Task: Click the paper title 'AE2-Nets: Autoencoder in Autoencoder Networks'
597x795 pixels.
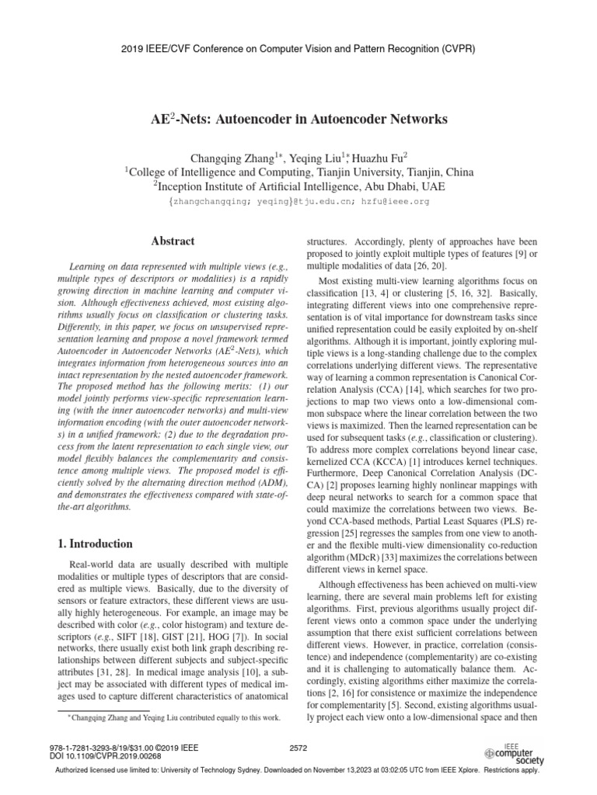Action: pyautogui.click(x=298, y=120)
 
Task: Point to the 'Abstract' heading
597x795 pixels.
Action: pyautogui.click(x=173, y=241)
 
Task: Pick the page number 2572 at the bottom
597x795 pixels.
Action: pyautogui.click(x=298, y=748)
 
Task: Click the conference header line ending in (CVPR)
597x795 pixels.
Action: pyautogui.click(x=298, y=48)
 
